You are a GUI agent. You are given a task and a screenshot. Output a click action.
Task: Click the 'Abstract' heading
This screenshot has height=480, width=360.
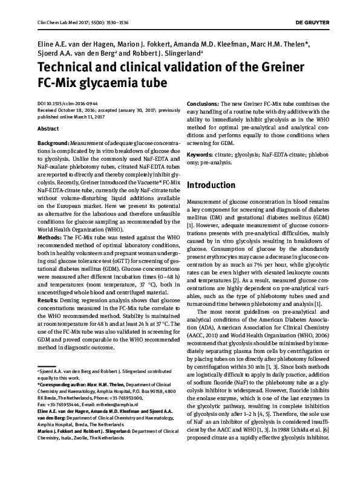48,129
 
